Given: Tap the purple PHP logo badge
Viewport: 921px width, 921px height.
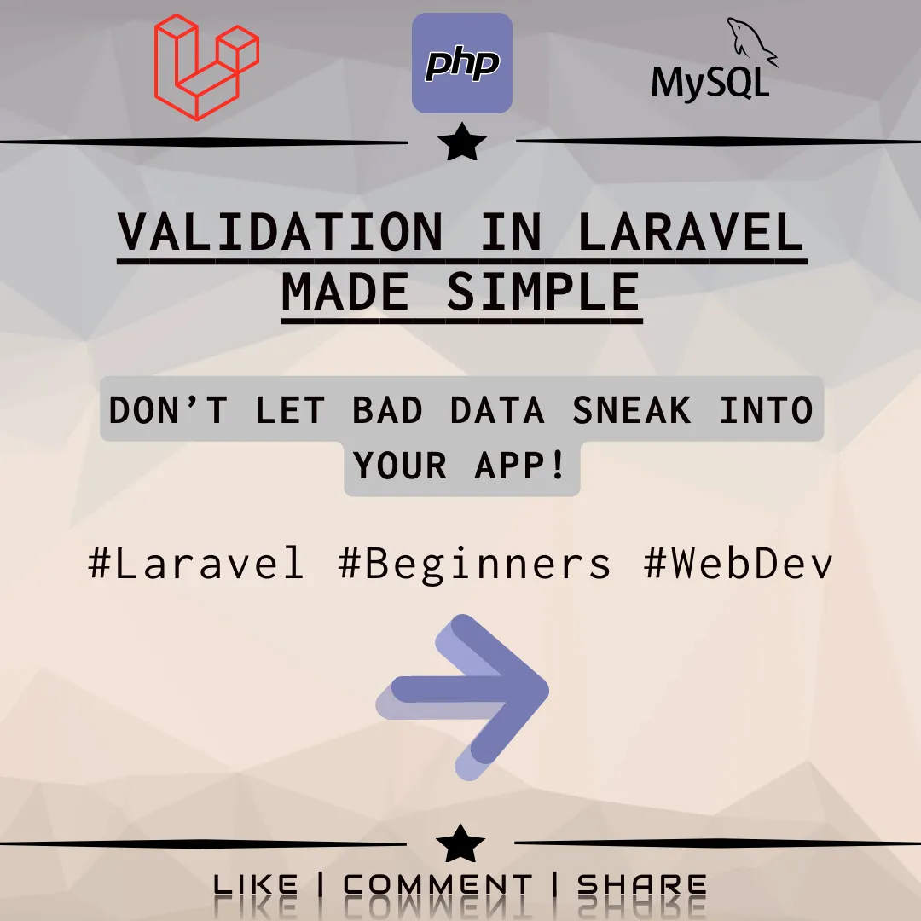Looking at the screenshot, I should point(462,64).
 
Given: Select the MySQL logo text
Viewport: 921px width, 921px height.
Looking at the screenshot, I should point(710,83).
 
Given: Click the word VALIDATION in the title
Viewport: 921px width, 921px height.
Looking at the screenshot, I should point(281,230).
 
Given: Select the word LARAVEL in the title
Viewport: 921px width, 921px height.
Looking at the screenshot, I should point(691,230).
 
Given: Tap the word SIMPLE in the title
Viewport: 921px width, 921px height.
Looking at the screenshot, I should point(543,292).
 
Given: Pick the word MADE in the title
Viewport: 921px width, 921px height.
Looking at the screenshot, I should point(345,292).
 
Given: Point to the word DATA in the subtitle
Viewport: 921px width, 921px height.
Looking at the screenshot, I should point(497,410).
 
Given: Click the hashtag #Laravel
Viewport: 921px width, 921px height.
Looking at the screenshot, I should point(196,563).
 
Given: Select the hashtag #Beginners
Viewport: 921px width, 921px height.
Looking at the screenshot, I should point(475,563).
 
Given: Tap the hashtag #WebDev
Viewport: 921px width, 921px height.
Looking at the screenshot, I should point(739,563).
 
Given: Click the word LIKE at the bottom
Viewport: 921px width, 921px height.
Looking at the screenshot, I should point(256,885).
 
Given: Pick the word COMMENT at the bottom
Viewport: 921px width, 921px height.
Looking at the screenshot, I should point(437,885).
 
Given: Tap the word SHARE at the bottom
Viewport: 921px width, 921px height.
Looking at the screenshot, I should point(642,885).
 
